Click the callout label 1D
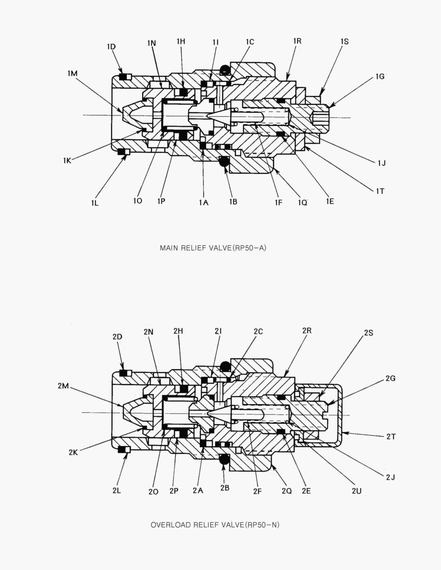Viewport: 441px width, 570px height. pos(111,46)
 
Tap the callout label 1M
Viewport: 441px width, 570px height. pos(73,73)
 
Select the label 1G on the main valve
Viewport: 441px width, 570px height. pos(380,77)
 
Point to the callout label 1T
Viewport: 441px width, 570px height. pos(380,191)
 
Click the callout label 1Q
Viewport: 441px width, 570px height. pos(302,202)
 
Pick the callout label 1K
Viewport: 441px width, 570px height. pos(67,160)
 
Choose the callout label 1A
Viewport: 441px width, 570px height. pos(203,202)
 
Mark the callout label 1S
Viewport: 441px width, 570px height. pos(344,41)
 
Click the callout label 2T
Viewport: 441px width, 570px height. pos(391,436)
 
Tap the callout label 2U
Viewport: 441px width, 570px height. pos(356,490)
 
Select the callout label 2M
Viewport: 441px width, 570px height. pos(63,386)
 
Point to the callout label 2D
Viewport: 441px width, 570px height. pos(117,336)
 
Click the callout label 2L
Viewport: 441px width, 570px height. pos(117,490)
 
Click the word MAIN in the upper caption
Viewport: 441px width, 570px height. pos(169,248)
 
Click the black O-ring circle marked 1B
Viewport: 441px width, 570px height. pos(224,162)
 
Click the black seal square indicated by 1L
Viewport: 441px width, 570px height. pos(121,152)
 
